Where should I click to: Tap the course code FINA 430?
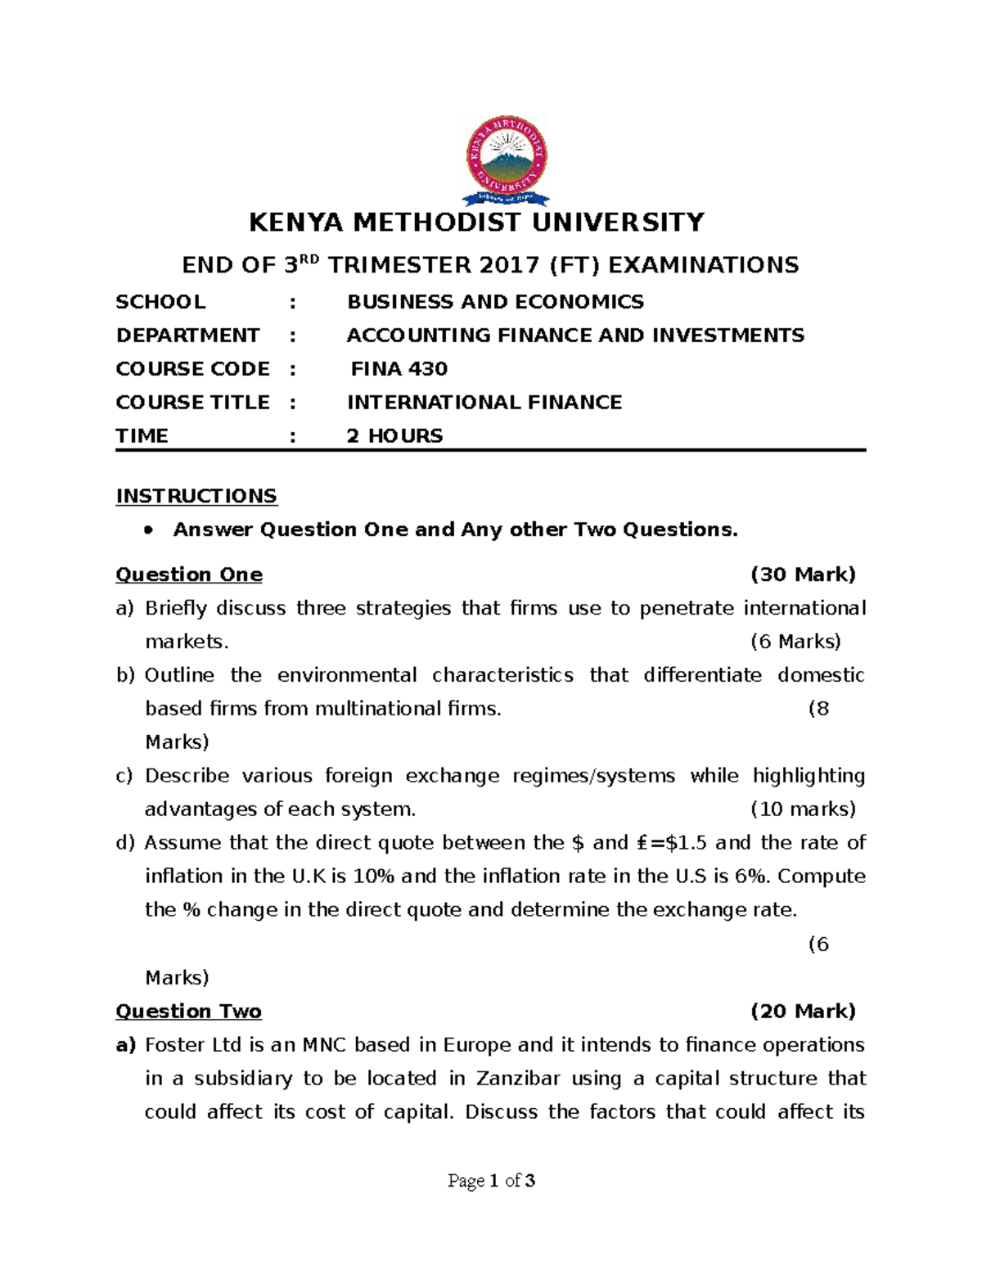(399, 369)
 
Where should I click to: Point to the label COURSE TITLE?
(193, 403)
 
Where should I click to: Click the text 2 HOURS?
(394, 436)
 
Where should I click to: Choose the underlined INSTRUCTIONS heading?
(196, 496)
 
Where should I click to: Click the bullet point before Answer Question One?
(148, 530)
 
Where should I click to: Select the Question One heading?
(189, 575)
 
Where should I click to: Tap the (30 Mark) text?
(803, 575)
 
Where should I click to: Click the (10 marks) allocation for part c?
(803, 809)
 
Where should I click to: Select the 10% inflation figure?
(374, 877)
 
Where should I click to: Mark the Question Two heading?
(188, 1012)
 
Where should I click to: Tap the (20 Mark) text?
(803, 1012)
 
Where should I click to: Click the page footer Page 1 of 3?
(491, 1181)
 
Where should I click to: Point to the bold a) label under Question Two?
(125, 1045)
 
